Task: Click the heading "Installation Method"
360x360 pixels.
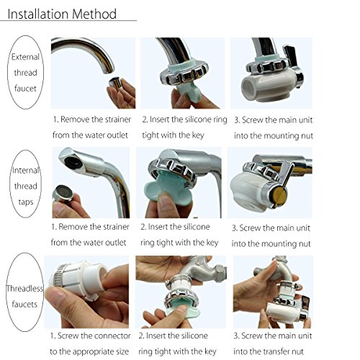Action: click(x=62, y=14)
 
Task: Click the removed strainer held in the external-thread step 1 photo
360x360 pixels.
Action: click(x=115, y=83)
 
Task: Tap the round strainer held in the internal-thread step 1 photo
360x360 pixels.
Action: click(x=63, y=193)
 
